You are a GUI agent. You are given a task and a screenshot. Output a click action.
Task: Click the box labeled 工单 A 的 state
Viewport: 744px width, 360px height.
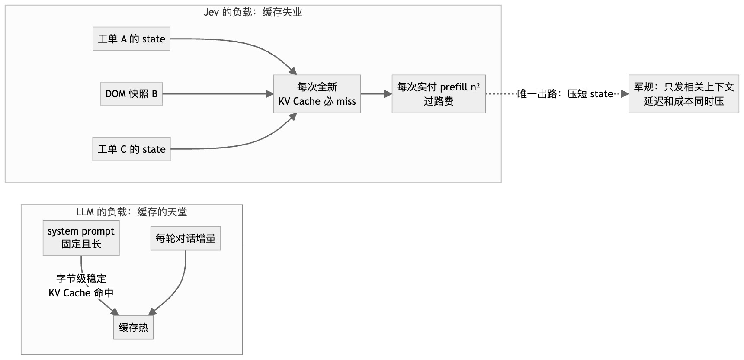tap(131, 39)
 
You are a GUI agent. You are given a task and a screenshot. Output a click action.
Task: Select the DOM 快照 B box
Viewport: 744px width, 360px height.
tap(131, 94)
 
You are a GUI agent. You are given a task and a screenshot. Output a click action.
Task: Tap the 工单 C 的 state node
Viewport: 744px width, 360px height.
tap(131, 149)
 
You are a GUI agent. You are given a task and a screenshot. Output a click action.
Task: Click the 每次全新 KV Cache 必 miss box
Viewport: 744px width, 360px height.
tap(317, 94)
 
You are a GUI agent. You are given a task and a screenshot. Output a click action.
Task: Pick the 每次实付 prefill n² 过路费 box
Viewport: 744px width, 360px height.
tap(439, 94)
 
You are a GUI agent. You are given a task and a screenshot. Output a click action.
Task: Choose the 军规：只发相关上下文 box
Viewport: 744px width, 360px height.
tap(684, 94)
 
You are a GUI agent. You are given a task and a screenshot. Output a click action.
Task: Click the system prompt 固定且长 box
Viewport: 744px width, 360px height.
tap(81, 238)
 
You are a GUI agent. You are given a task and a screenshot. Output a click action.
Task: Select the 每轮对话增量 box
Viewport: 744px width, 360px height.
tap(186, 238)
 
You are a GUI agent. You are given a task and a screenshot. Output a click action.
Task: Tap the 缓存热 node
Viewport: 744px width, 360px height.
tap(134, 327)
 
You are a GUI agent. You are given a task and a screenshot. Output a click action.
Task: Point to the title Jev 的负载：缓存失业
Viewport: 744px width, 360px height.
tap(253, 13)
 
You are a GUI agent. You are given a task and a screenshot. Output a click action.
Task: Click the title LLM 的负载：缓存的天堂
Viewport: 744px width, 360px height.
tap(131, 212)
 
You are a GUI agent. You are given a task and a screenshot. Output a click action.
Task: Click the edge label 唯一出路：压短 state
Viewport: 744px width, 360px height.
tap(565, 94)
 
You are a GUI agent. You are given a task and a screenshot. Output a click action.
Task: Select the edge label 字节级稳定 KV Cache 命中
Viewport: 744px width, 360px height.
tap(81, 286)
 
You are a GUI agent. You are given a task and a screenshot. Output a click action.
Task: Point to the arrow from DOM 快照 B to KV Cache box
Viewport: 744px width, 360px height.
tap(218, 94)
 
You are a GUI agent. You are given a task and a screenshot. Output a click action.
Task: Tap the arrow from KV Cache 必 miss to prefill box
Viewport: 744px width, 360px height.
tap(376, 94)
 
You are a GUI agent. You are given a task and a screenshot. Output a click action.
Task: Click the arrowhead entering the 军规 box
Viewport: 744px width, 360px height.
tap(625, 94)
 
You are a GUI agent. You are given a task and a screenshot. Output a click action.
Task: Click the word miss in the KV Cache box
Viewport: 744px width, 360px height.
tap(346, 101)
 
